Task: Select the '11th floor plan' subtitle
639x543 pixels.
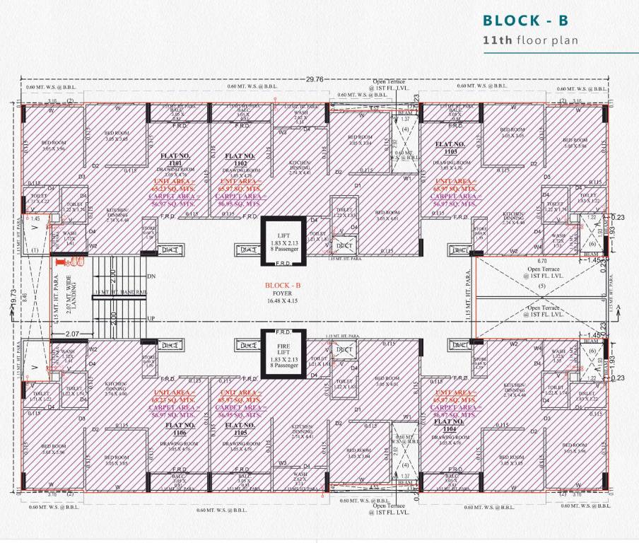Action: point(530,40)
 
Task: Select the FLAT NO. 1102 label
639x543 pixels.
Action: point(238,159)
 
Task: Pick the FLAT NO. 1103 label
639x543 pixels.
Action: point(450,147)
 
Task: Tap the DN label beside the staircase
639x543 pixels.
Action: point(151,276)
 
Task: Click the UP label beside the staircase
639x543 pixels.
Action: point(151,320)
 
